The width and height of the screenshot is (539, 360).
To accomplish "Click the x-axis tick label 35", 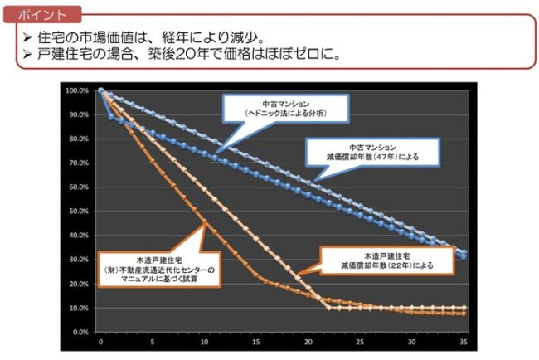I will [464, 341].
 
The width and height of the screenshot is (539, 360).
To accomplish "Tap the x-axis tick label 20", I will [308, 341].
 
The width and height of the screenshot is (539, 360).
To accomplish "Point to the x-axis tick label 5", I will [153, 341].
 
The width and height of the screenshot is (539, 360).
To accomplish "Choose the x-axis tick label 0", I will [100, 341].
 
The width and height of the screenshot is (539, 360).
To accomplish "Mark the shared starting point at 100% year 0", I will [100, 90].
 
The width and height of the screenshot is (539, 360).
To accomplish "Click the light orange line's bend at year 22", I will [329, 308].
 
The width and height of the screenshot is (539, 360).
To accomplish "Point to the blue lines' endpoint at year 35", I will [464, 254].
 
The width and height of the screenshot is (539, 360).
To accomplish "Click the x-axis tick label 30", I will [412, 341].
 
